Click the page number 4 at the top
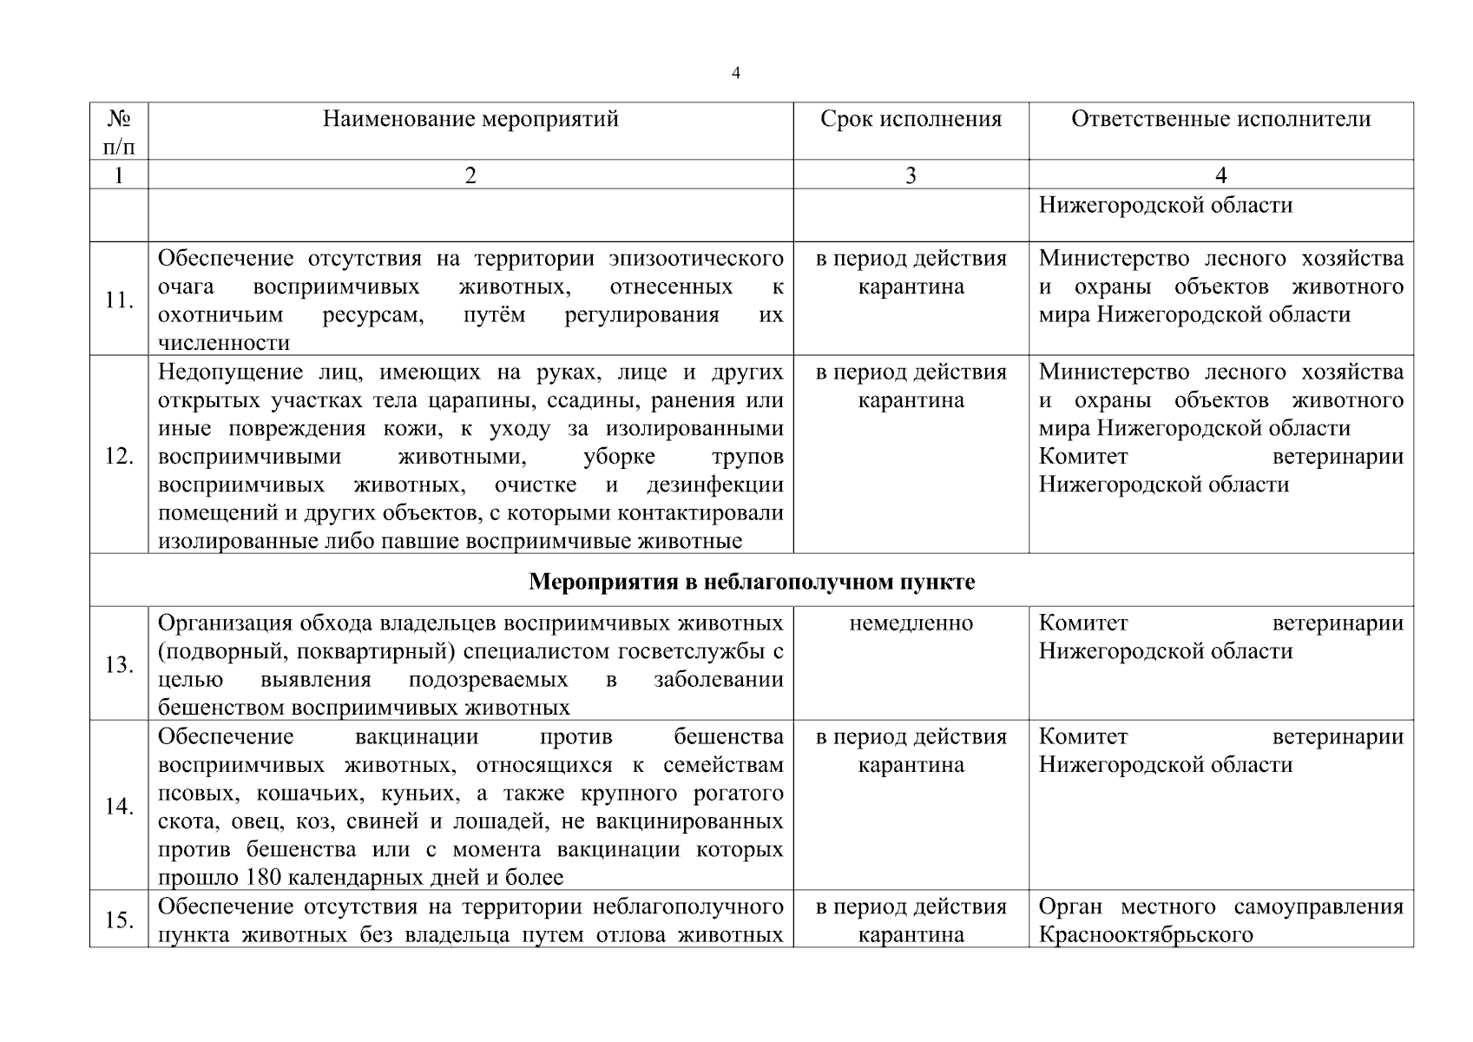coord(736,74)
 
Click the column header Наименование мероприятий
coord(470,119)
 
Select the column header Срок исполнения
coord(911,119)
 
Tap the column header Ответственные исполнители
coord(1220,119)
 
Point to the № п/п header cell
coord(119,131)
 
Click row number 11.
coord(119,300)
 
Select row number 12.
coord(119,456)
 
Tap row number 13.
coord(119,665)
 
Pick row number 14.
coord(119,807)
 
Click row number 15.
coord(119,920)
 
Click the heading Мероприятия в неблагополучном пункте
coord(752,582)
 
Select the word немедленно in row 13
coord(911,623)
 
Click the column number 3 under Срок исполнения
coord(911,176)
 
